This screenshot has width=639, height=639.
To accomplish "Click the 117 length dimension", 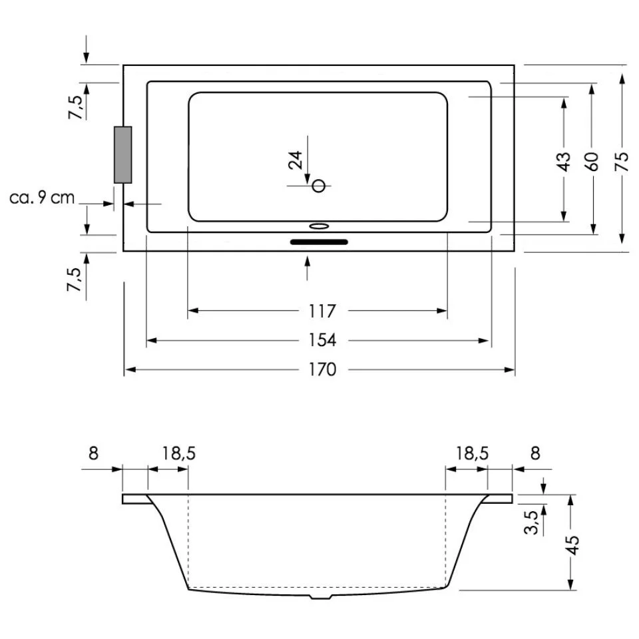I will [x=321, y=311].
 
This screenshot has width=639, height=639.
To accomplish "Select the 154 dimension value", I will [x=321, y=340].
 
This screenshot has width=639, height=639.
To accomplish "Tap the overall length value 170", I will [x=321, y=369].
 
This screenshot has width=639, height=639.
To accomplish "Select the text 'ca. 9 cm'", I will [x=43, y=198].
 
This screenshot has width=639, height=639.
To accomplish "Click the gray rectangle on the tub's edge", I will [x=122, y=154].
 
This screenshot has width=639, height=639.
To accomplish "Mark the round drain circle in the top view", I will [x=319, y=186].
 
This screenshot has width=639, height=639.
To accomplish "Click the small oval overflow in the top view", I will [x=319, y=226].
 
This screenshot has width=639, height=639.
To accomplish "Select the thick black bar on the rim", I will [x=319, y=242].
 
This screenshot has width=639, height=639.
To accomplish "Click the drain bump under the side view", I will [x=321, y=596].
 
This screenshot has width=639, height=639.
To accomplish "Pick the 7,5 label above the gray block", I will [x=77, y=106].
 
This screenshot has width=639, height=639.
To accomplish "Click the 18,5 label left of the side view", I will [x=179, y=453].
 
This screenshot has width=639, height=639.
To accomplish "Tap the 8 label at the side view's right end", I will [x=534, y=453].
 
